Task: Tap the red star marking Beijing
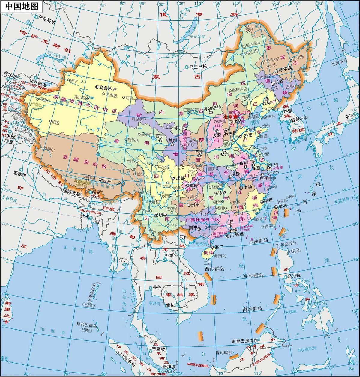[235, 116]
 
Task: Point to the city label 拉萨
[107, 180]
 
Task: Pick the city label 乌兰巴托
[198, 67]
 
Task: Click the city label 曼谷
[157, 287]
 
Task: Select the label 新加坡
[169, 367]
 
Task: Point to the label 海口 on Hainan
[220, 247]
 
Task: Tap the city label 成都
[180, 178]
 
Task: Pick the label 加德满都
[72, 194]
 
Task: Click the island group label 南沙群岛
[252, 308]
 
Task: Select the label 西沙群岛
[214, 269]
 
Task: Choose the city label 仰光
[124, 260]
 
